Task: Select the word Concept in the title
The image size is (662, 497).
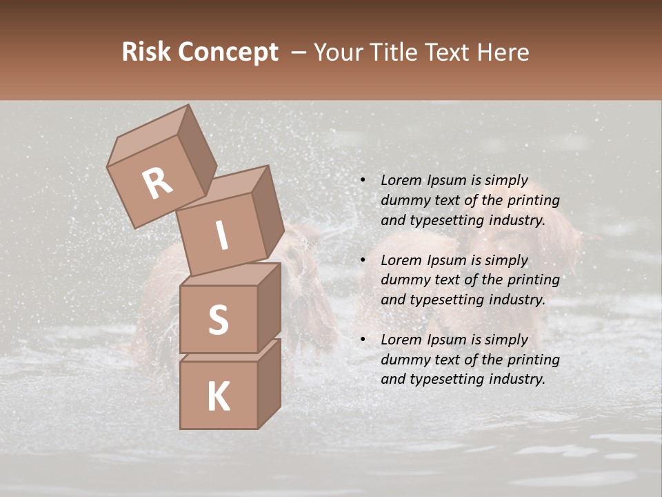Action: [x=228, y=52]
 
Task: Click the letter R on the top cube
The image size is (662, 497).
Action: [x=157, y=183]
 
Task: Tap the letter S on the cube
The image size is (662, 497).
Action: [x=218, y=320]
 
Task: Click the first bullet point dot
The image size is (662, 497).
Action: [x=362, y=181]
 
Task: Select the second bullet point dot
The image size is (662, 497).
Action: [x=362, y=261]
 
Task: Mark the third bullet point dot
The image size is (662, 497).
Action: [x=362, y=340]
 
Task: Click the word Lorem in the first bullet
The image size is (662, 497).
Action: [x=401, y=180]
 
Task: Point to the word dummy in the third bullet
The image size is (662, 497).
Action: [x=404, y=360]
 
